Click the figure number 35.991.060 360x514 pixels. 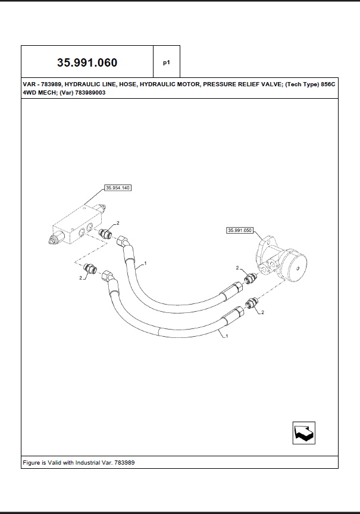tap(87, 62)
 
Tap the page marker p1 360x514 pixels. tap(166, 62)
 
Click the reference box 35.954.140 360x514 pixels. tap(117, 187)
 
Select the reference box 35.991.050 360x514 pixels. tap(240, 230)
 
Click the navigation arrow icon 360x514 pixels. tap(303, 432)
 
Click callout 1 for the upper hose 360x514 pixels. tap(145, 262)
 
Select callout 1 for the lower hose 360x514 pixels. tap(226, 336)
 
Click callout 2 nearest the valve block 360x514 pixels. tap(117, 222)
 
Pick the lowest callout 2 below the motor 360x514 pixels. tap(262, 312)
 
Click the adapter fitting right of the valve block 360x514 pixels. tap(107, 233)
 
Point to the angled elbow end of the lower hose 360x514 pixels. tap(109, 277)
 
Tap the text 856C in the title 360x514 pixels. tap(328, 85)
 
